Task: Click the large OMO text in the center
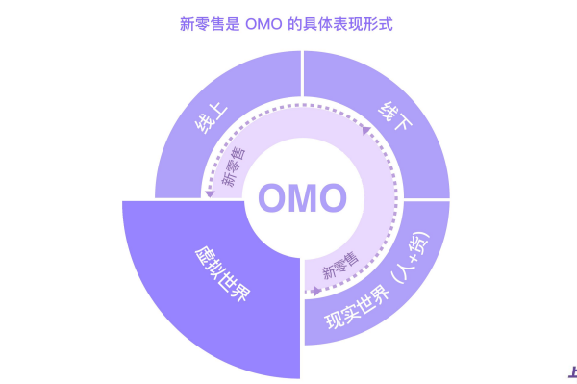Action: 301,198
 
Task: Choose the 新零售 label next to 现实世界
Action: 338,264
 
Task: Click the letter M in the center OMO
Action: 301,198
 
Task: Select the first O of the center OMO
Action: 272,198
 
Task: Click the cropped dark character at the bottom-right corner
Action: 572,371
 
